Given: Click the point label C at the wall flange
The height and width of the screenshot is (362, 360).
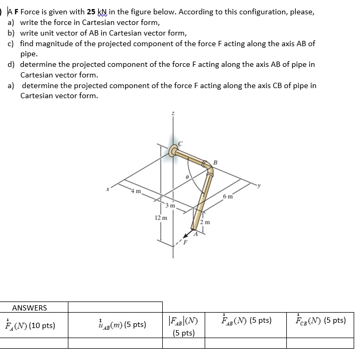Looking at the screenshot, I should coord(180,143).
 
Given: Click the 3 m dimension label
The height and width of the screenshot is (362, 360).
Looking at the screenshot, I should coord(169,205).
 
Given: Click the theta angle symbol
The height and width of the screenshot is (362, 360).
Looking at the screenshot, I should coord(186,179).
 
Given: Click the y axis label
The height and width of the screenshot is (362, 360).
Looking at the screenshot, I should coord(260,185).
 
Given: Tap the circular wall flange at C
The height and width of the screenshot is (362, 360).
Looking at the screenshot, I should coord(173,151).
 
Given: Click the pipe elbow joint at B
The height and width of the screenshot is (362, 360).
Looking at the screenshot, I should coord(207,166).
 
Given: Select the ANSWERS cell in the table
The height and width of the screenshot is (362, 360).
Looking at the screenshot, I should coord(30,308).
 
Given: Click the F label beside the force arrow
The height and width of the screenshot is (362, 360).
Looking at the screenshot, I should coord(185,243).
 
